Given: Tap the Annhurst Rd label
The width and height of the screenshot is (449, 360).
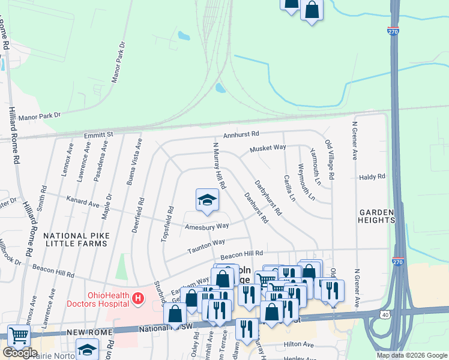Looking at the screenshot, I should tap(241, 135).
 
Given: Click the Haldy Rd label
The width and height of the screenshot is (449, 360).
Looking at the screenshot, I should tap(372, 178).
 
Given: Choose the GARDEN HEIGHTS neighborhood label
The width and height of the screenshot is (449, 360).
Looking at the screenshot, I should tap(376, 216).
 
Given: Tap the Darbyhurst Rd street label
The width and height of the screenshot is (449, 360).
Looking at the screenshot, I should tap(268, 197).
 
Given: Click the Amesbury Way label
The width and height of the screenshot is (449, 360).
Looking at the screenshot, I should tap(207, 227).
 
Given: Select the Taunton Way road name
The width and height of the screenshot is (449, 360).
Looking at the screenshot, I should tap(206, 245).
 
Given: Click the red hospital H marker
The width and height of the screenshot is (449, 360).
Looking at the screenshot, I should tap(138, 298).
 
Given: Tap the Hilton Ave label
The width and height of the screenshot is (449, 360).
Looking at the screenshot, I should tap(300, 345).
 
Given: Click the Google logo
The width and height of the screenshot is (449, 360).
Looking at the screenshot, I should tap(20, 353).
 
